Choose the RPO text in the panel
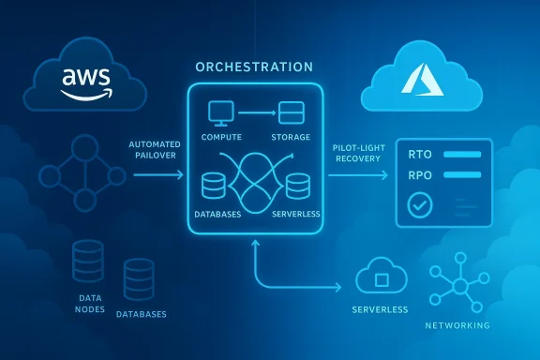point(414,175)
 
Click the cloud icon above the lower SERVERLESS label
point(382,277)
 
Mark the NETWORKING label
point(456,325)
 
